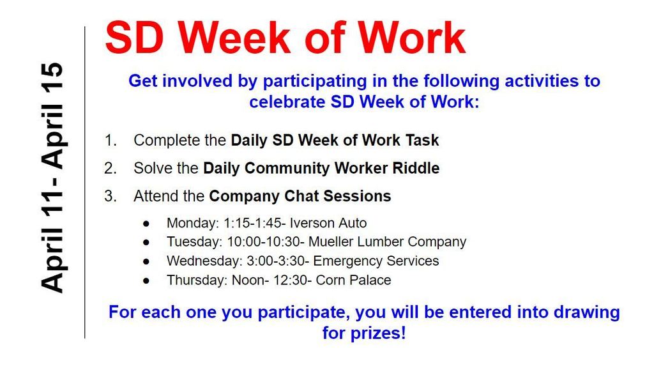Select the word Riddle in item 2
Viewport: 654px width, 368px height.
[x=416, y=168]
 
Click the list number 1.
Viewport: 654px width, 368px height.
[x=110, y=140]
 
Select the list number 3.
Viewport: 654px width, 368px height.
[x=110, y=196]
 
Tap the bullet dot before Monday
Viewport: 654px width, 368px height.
[x=146, y=224]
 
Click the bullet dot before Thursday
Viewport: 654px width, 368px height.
[x=146, y=281]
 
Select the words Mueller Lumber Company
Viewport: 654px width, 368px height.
[x=388, y=242]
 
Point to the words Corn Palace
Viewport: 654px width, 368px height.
[x=353, y=280]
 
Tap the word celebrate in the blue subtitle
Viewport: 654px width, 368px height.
[x=287, y=102]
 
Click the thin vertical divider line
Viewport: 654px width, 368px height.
[x=85, y=182]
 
